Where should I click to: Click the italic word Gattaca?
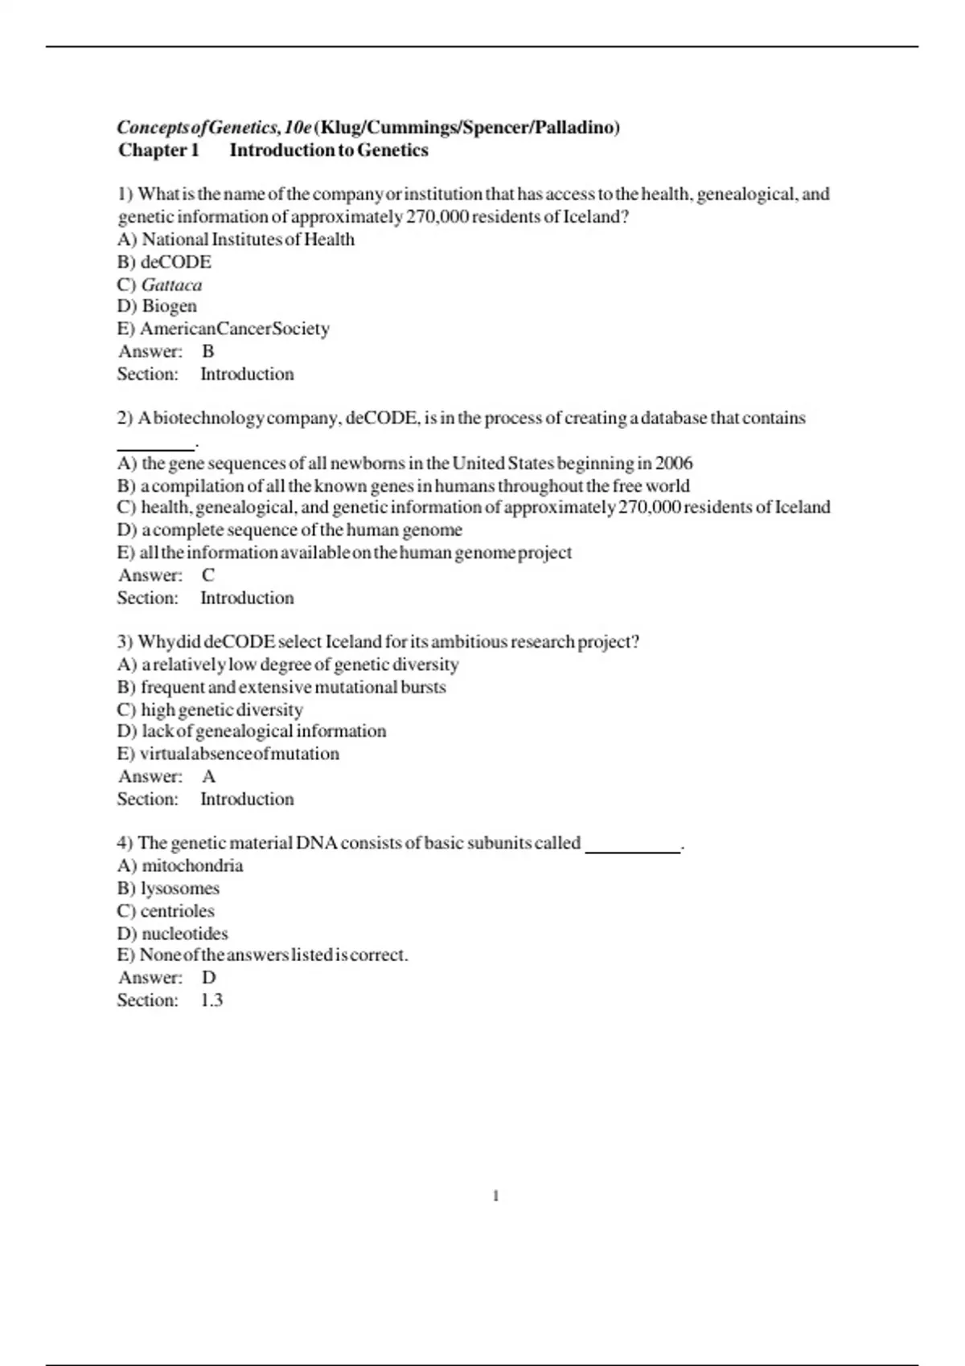click(171, 284)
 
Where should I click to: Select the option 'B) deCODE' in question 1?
click(164, 262)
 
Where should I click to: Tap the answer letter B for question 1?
click(208, 351)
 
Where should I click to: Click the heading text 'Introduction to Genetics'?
click(329, 150)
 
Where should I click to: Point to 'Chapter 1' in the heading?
click(158, 150)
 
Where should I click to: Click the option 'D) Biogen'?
click(157, 306)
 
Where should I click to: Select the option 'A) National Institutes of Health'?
click(236, 239)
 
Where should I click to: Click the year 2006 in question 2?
click(674, 463)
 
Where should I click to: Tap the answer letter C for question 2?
click(208, 575)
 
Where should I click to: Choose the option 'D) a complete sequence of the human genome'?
click(289, 530)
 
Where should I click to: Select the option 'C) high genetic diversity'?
click(210, 710)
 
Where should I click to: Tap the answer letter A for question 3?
click(209, 776)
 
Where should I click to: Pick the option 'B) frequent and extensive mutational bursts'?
click(281, 687)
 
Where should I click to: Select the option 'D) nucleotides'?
click(173, 934)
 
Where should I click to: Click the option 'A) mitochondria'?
click(180, 866)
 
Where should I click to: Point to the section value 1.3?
click(211, 1000)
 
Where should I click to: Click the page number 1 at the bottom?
click(495, 1196)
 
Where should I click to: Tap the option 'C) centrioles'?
click(166, 911)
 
